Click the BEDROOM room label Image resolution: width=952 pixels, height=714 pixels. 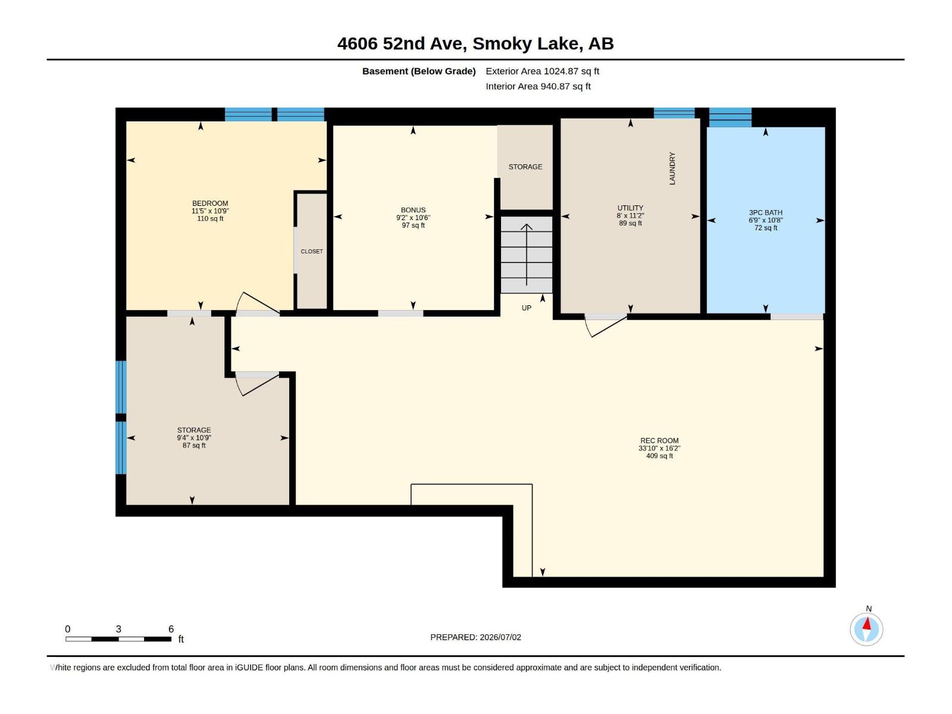tap(210, 203)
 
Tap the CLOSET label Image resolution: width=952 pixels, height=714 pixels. tap(312, 252)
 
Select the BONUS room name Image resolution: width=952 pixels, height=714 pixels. tap(413, 210)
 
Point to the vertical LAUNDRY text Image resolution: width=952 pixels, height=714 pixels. tap(672, 168)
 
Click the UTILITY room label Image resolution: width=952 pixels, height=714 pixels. tap(630, 208)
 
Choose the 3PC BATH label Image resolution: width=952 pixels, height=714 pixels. tap(766, 212)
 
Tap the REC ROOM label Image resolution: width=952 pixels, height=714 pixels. tap(659, 440)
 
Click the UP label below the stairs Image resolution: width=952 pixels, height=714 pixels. tap(526, 308)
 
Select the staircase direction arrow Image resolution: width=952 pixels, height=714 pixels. tap(527, 255)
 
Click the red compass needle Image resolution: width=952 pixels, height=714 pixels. tap(866, 624)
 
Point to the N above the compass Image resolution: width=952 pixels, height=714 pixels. tap(869, 609)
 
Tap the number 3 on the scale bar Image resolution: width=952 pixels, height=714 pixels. tap(118, 629)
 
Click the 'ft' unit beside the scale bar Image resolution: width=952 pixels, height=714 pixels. tap(181, 639)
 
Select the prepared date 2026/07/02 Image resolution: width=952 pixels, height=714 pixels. tap(500, 637)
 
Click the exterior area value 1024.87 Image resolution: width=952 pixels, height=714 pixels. tap(561, 71)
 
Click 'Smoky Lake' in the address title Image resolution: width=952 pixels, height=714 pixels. tap(527, 43)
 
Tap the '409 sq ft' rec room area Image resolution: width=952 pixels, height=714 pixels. tap(659, 456)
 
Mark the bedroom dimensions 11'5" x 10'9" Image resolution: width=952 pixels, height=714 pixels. tap(210, 211)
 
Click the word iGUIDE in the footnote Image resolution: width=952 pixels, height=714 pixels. tap(249, 668)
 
